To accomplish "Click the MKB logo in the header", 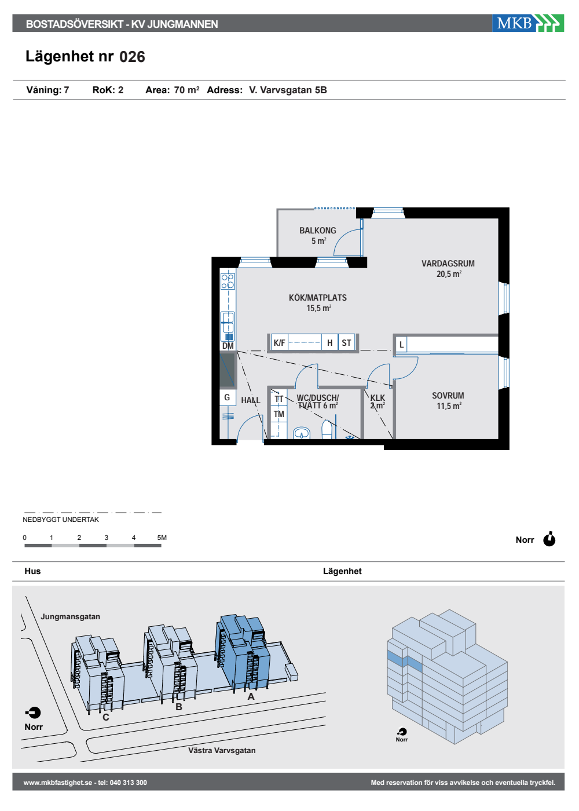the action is [x=527, y=23].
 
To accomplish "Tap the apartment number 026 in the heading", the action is [x=132, y=57].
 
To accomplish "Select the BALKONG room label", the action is [x=317, y=231].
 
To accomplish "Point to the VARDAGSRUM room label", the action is [x=448, y=264].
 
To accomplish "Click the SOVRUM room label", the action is [x=448, y=396].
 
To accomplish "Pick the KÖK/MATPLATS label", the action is [x=317, y=298].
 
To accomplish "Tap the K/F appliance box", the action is [x=279, y=342].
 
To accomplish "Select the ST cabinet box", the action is [x=346, y=342].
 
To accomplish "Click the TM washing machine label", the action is [x=278, y=414].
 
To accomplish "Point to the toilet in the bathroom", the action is [x=327, y=430].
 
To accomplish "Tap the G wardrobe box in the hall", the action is [x=228, y=397].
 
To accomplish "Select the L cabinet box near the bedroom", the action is [x=401, y=344].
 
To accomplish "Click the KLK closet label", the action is [x=378, y=398].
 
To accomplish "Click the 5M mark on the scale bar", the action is [x=162, y=538].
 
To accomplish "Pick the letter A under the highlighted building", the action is [x=251, y=696].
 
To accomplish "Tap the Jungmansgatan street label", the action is [x=70, y=616].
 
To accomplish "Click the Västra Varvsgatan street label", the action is [x=222, y=751].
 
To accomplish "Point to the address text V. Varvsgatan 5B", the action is [x=288, y=90].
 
